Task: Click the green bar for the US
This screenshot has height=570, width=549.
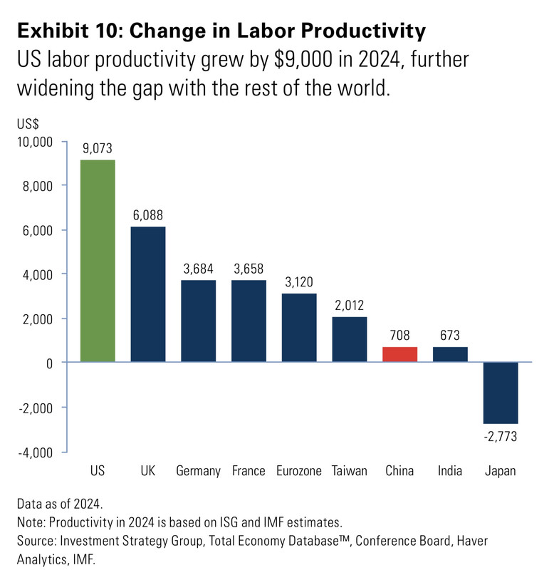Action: [x=98, y=261]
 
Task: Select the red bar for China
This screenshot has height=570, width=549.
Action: [x=400, y=354]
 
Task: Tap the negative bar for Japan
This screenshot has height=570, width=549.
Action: [x=501, y=393]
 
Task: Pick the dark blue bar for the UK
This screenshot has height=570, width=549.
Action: [x=148, y=294]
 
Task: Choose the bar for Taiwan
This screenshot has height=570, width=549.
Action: [x=350, y=339]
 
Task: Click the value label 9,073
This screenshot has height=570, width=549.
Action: [x=98, y=148]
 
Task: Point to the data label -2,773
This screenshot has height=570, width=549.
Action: [x=500, y=436]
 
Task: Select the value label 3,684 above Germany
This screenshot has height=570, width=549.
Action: [x=199, y=269]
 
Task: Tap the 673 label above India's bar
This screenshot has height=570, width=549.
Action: [x=450, y=335]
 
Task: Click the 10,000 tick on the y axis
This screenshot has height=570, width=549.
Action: [x=33, y=142]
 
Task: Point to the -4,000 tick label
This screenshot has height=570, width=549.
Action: [x=35, y=452]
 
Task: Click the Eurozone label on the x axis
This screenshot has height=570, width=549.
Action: [x=299, y=471]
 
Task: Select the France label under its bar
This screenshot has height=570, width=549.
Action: [x=249, y=471]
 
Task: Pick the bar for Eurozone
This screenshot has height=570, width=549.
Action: [x=299, y=328]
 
